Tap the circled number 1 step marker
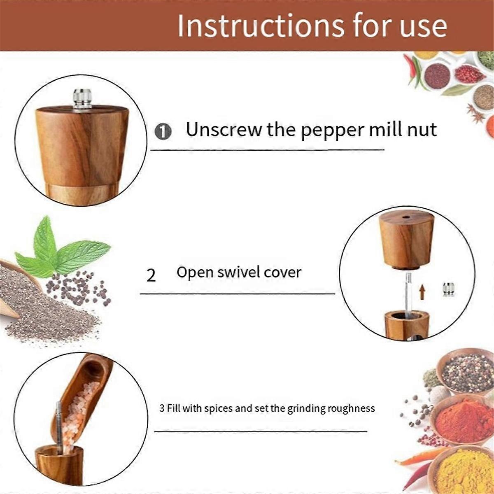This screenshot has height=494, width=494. pos(163,132)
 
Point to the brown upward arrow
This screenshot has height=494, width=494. pos(422,293)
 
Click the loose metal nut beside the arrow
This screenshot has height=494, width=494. pos(448,289)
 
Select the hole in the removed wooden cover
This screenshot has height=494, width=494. pos(406,216)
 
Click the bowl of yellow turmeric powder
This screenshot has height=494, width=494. pos(463,471)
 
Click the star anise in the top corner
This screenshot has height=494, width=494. pos(477,113)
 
